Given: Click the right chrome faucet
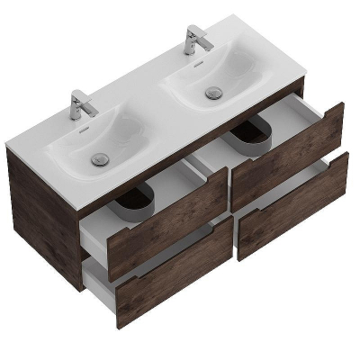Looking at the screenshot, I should [x=193, y=40].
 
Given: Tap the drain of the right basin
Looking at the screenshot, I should [x=213, y=92].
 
